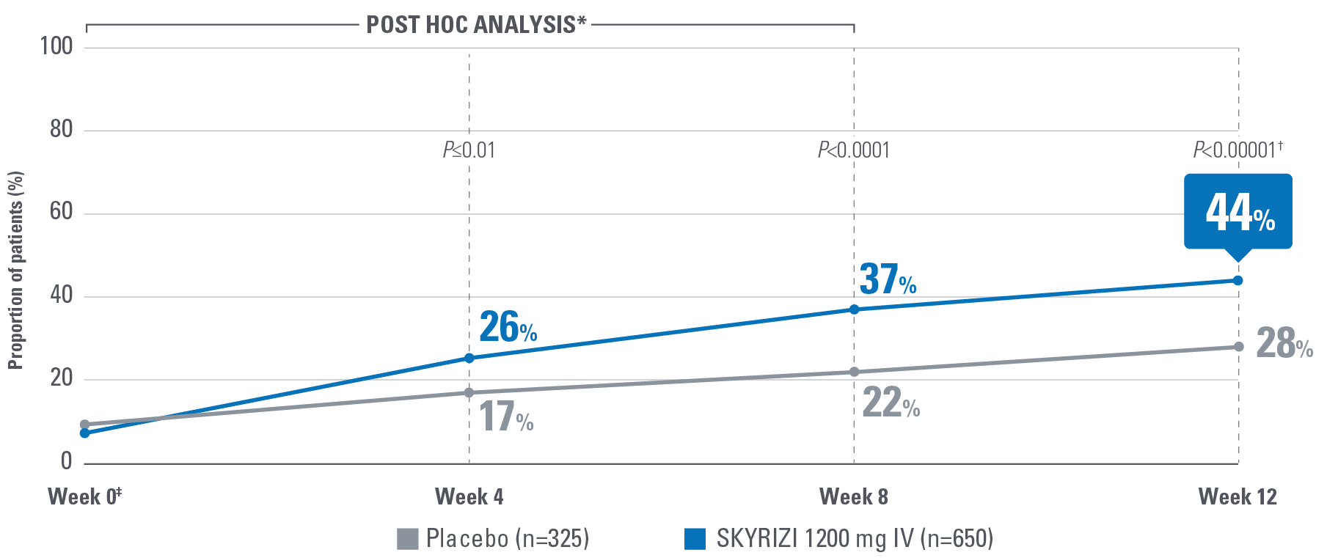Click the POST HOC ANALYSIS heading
pyautogui.click(x=476, y=25)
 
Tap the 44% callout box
pyautogui.click(x=1238, y=211)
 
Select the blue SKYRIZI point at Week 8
pyautogui.click(x=854, y=309)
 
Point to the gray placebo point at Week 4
pyautogui.click(x=469, y=393)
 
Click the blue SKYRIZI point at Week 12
pyautogui.click(x=1238, y=281)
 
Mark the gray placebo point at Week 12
pyautogui.click(x=1238, y=347)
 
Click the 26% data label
pyautogui.click(x=508, y=328)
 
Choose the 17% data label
pyautogui.click(x=505, y=417)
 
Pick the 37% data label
pyautogui.click(x=888, y=280)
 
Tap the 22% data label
pyautogui.click(x=891, y=403)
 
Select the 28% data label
pyautogui.click(x=1284, y=343)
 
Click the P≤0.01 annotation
pyautogui.click(x=469, y=151)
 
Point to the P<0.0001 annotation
pyautogui.click(x=854, y=151)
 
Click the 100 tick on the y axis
pyautogui.click(x=56, y=46)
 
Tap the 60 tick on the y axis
pyautogui.click(x=61, y=212)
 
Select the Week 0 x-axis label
pyautogui.click(x=84, y=497)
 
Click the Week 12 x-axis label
pyautogui.click(x=1238, y=497)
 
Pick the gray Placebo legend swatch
pyautogui.click(x=407, y=539)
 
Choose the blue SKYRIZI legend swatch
pyautogui.click(x=695, y=539)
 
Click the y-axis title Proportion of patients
pyautogui.click(x=16, y=270)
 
